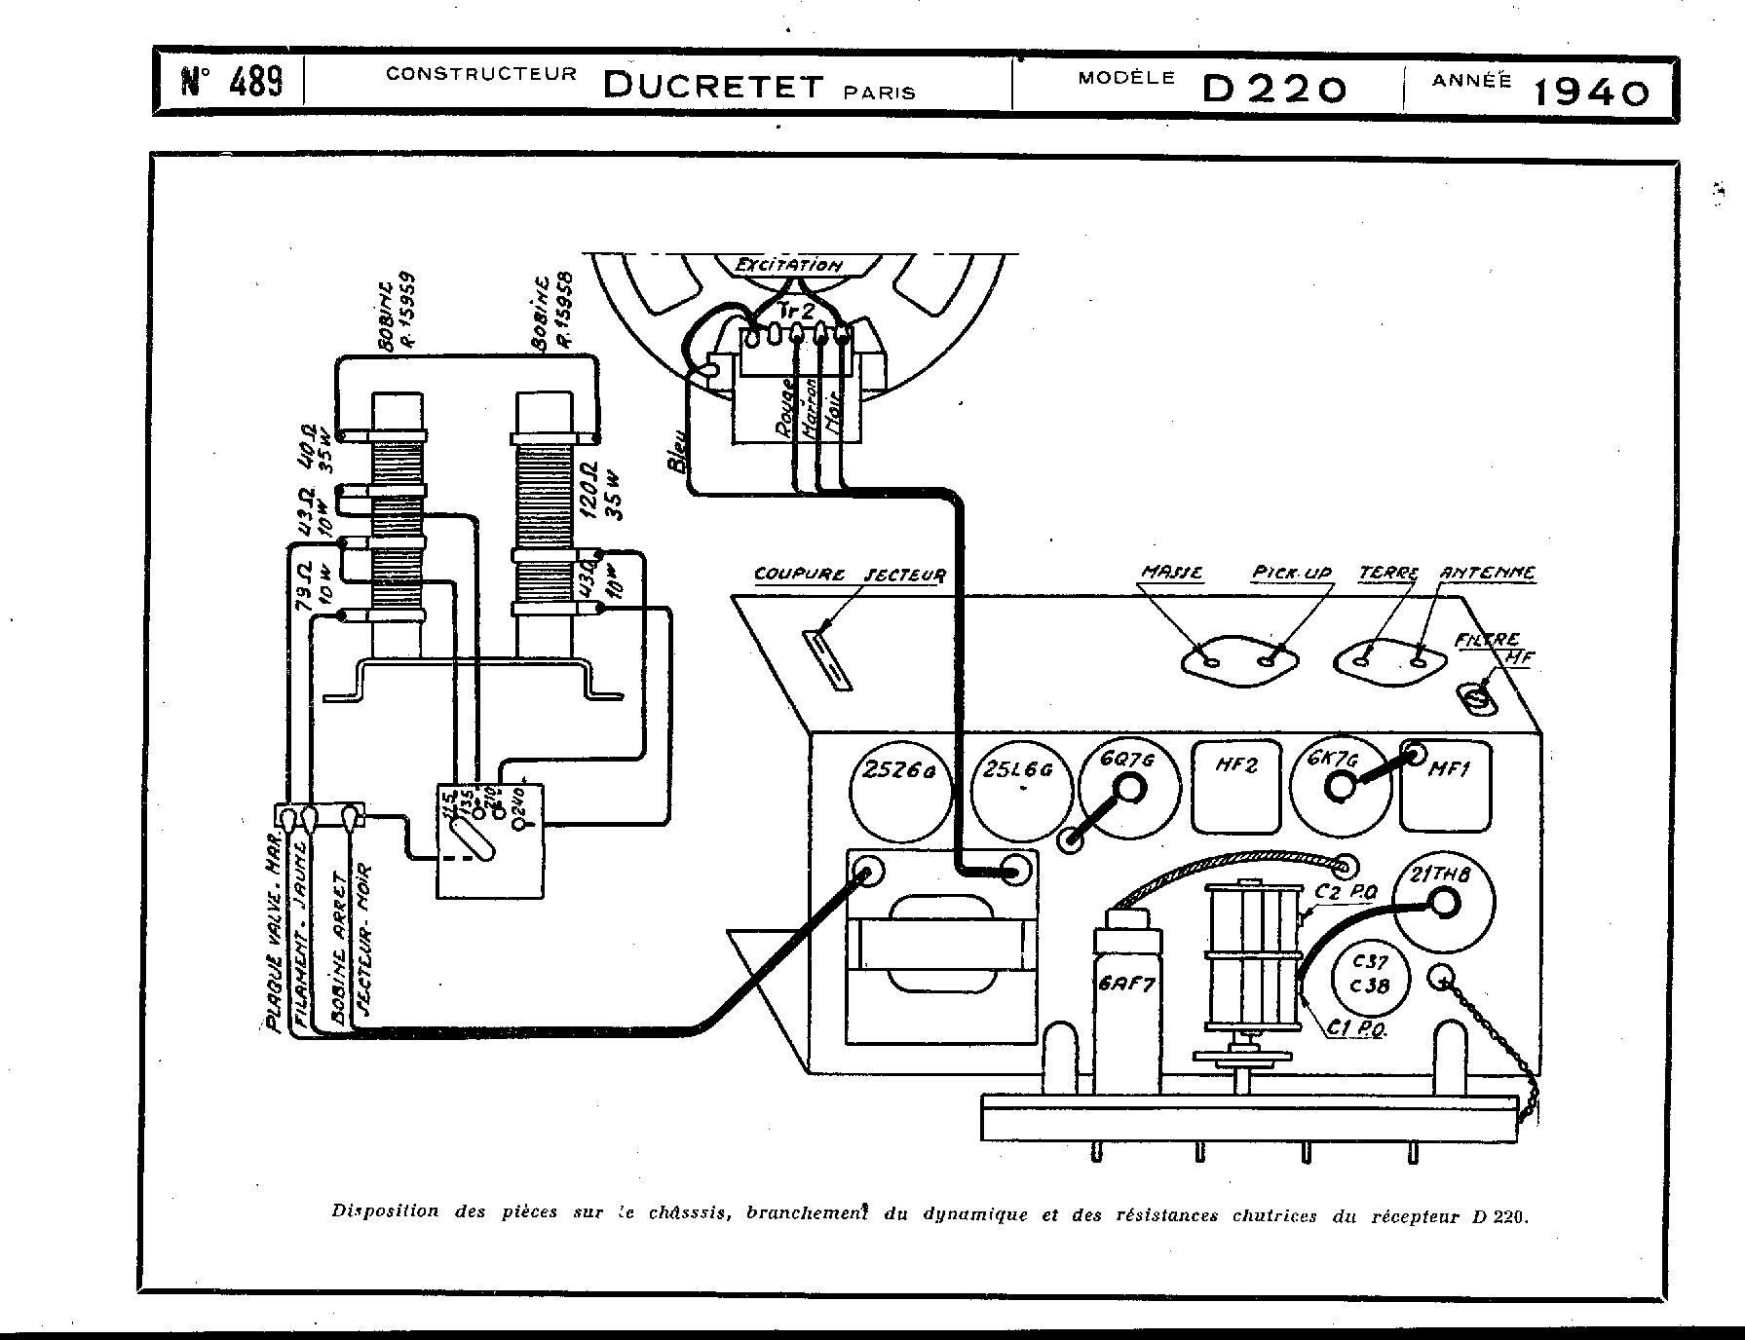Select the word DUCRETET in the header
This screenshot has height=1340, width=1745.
[x=713, y=86]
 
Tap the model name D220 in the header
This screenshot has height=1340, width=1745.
[x=1274, y=89]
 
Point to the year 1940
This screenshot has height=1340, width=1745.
[x=1592, y=92]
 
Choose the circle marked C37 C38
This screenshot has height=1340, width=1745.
[x=1371, y=974]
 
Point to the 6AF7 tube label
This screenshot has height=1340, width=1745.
[x=1127, y=985]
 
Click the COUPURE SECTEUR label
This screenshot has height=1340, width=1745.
[x=850, y=575]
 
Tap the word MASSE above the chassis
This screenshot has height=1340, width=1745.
[x=1172, y=574]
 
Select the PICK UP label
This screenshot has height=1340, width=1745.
[x=1292, y=575]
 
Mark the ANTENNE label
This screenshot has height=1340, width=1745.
[x=1488, y=574]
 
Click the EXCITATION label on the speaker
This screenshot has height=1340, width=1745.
[x=788, y=265]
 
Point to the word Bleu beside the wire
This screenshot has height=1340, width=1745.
[x=678, y=453]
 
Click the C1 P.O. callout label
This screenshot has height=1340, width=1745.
[x=1356, y=1029]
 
